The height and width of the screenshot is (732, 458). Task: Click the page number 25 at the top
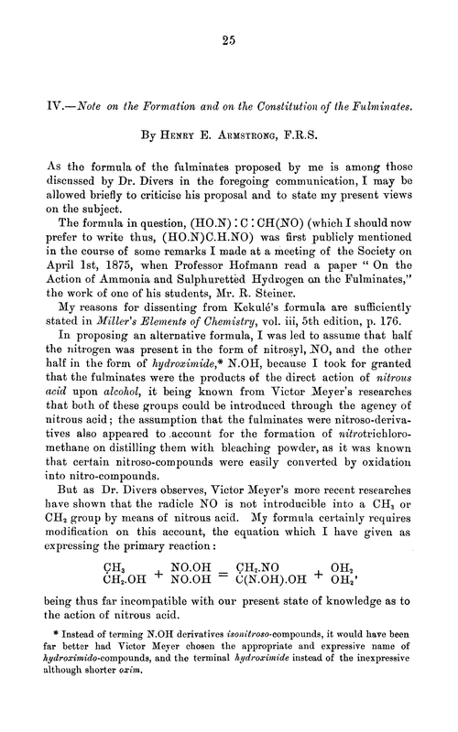pyautogui.click(x=229, y=39)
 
